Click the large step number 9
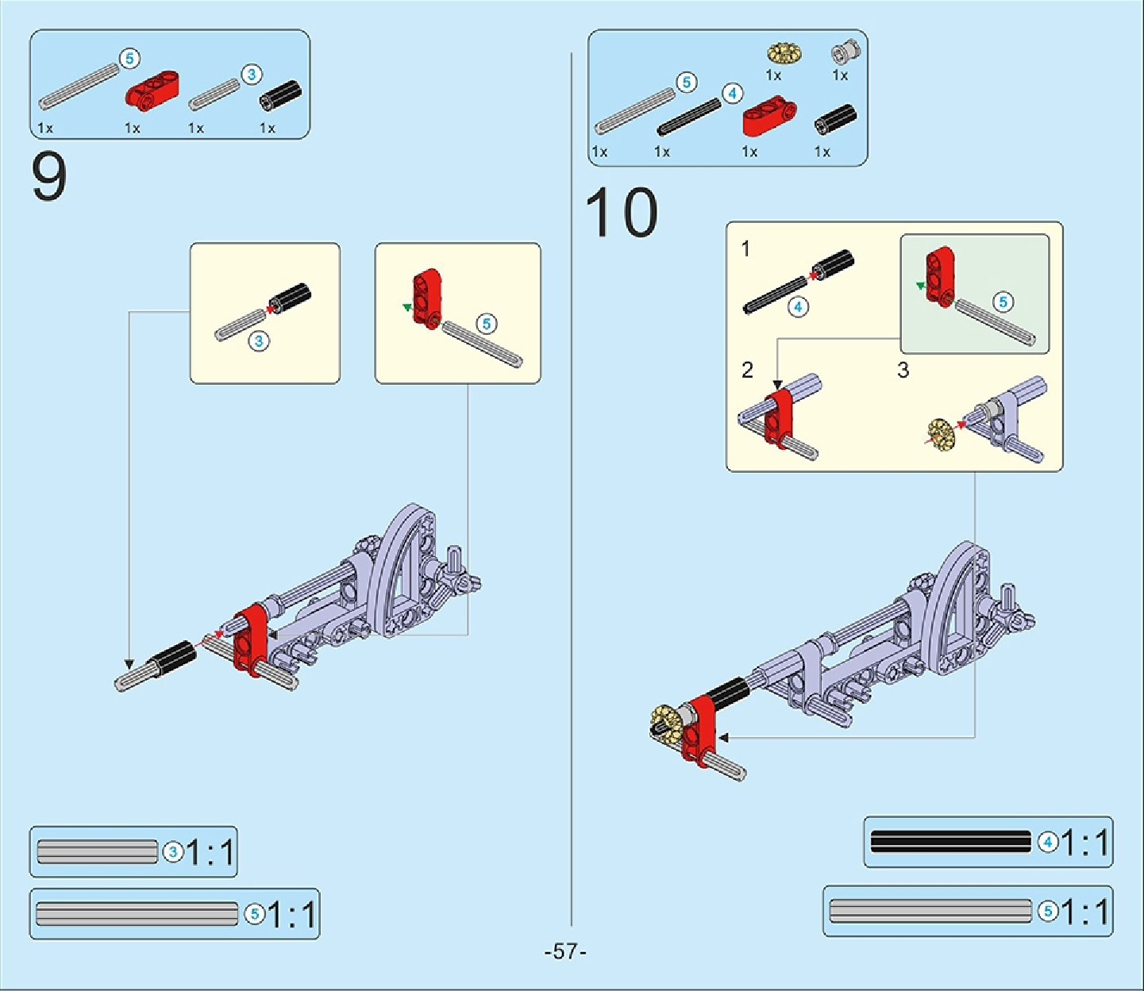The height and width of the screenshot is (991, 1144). pos(49,178)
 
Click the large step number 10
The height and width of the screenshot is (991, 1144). pos(621,213)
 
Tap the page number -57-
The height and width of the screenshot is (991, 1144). pos(565,951)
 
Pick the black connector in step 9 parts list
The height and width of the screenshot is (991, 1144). pos(281,95)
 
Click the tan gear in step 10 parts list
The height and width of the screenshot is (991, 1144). pos(784,53)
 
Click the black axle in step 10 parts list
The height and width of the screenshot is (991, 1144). pos(688,117)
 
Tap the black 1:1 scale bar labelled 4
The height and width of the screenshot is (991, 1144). pos(950,841)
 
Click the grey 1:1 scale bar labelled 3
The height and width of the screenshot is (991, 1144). pos(98,851)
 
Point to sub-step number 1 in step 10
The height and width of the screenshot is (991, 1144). pos(745,248)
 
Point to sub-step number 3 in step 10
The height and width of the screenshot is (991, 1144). pos(903,370)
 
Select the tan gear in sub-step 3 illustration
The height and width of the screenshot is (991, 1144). pos(942,432)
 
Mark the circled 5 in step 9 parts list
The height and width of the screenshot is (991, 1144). pos(129,58)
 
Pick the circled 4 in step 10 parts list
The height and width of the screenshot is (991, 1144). pos(732,94)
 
